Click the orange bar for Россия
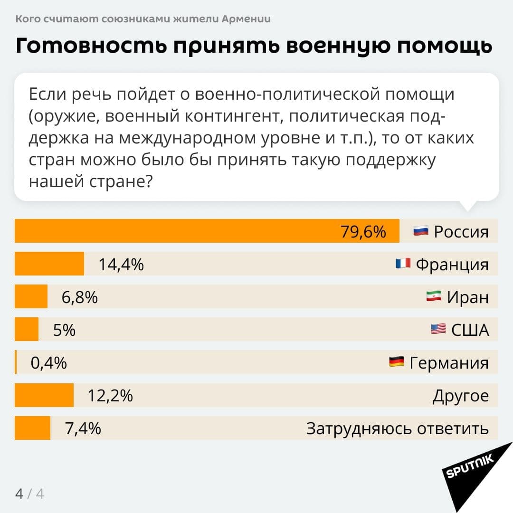pos(207,231)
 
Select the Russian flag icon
pos(421,231)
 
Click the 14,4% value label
pos(121,265)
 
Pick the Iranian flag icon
pos(434,296)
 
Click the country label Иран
pos(467,297)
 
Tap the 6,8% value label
pos(80,297)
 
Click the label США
pos(469,330)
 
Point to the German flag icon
pos(396,362)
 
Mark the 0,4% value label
pos(49,363)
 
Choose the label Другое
pos(460,396)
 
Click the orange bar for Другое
pos(44,395)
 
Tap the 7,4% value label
pos(83,428)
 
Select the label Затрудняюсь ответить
pos(397,428)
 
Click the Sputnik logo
pos(470,468)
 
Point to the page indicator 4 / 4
pos(29,494)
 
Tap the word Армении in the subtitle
pos(246,19)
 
